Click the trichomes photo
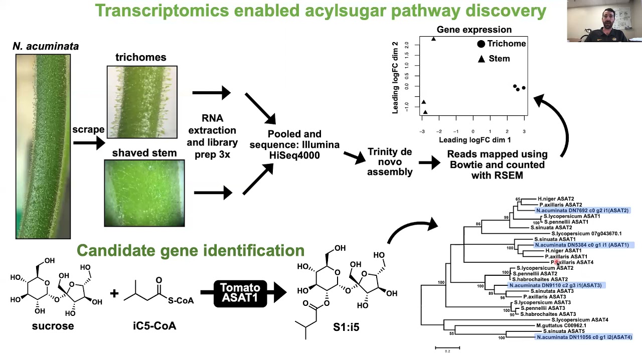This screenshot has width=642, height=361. pyautogui.click(x=142, y=102)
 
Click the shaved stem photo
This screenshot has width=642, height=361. pyautogui.click(x=144, y=193)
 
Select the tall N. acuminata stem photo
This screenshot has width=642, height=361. pyautogui.click(x=43, y=146)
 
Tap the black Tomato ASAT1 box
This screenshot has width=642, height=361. pyautogui.click(x=240, y=293)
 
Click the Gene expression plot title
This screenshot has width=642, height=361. pyautogui.click(x=474, y=30)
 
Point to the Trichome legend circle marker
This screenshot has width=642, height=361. pyautogui.click(x=481, y=44)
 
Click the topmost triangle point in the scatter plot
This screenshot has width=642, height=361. pyautogui.click(x=434, y=39)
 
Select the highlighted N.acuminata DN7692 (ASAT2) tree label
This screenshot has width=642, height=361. pyautogui.click(x=582, y=211)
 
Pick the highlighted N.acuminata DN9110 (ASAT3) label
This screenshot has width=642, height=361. pyautogui.click(x=555, y=285)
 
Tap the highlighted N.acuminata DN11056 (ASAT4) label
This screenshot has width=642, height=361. pyautogui.click(x=584, y=337)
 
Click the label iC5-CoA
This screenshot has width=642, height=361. pyautogui.click(x=154, y=326)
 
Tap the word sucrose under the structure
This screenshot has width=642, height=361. pyautogui.click(x=53, y=326)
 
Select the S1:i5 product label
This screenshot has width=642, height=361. pyautogui.click(x=346, y=327)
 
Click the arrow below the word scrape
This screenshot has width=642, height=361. pyautogui.click(x=89, y=143)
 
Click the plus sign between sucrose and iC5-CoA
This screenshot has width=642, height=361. pyautogui.click(x=114, y=293)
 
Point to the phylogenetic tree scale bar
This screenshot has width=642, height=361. pyautogui.click(x=447, y=347)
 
